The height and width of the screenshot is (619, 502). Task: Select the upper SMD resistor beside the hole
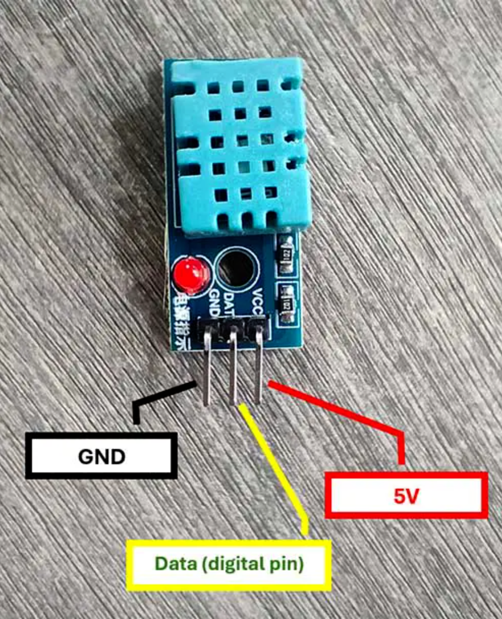(286, 254)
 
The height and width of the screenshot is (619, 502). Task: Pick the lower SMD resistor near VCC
(287, 303)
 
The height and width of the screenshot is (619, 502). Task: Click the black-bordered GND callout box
(101, 456)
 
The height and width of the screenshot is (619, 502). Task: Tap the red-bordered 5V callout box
(406, 495)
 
